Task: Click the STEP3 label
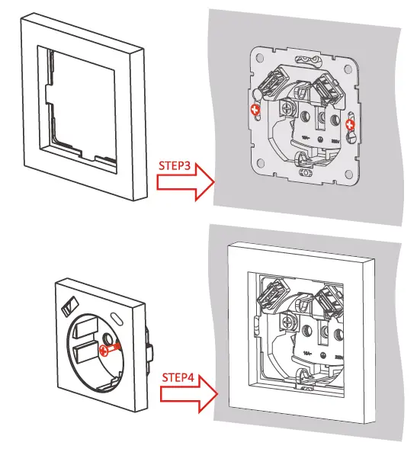pyautogui.click(x=175, y=165)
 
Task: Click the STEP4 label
pyautogui.click(x=178, y=377)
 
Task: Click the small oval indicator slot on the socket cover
pyautogui.click(x=116, y=316)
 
